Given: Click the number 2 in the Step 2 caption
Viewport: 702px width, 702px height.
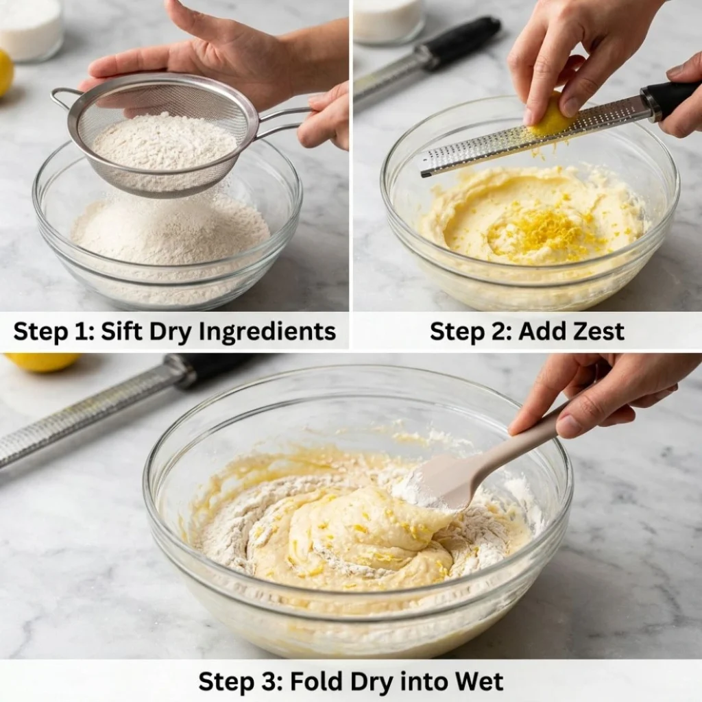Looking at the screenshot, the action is pyautogui.click(x=498, y=332).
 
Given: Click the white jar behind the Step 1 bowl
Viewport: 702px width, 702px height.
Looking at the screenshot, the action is pyautogui.click(x=29, y=29).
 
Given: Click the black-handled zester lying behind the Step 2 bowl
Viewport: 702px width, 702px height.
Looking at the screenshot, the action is pyautogui.click(x=428, y=63).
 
